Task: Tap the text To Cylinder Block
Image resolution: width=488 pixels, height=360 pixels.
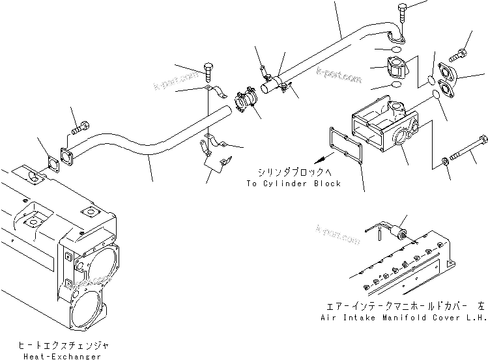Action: pos(294,184)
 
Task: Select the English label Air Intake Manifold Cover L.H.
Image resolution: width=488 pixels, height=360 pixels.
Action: pos(403,317)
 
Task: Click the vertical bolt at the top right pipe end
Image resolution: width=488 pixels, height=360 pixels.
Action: pos(402,15)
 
